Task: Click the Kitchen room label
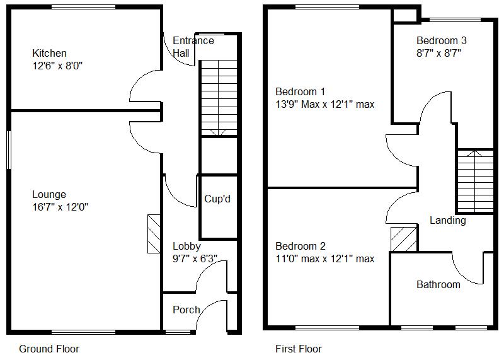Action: [x=50, y=54]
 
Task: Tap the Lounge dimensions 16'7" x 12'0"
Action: [x=60, y=206]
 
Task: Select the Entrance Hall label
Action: [x=193, y=47]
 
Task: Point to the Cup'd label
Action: [x=217, y=199]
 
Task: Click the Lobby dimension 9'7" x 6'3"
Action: [x=195, y=258]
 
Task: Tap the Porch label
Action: [x=186, y=310]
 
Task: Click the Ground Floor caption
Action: [x=49, y=349]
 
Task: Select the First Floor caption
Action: [x=299, y=349]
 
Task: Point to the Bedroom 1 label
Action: [x=300, y=92]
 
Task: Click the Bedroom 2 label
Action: [x=301, y=247]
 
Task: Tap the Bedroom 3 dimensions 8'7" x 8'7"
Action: [x=439, y=53]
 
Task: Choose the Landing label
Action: [x=448, y=221]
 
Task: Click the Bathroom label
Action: [x=438, y=284]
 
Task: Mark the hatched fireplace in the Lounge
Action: [x=154, y=234]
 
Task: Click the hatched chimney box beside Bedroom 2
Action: [x=404, y=239]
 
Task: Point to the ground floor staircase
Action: [x=217, y=98]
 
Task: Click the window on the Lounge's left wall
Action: [x=9, y=149]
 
